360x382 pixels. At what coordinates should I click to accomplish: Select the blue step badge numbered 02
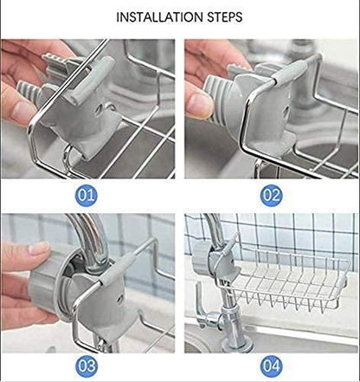270,194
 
